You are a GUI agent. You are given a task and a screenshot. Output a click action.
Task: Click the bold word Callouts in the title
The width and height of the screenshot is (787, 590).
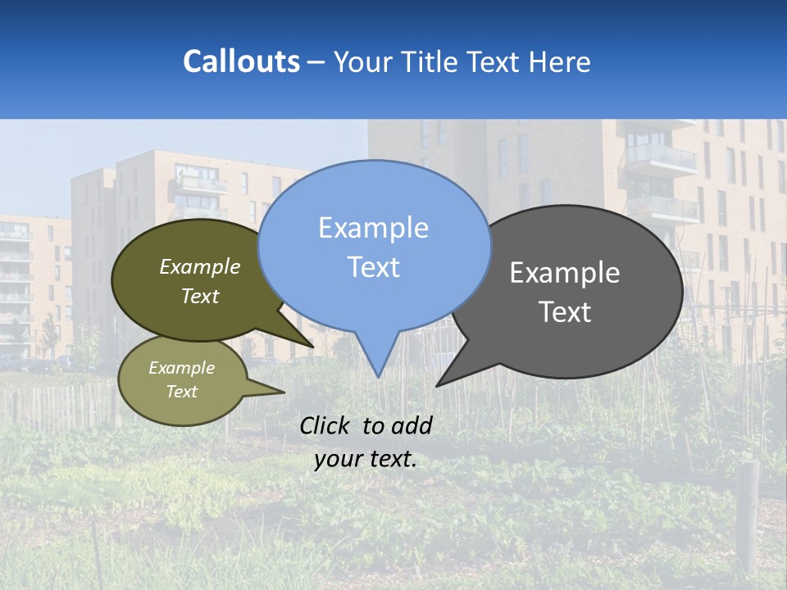pos(241,61)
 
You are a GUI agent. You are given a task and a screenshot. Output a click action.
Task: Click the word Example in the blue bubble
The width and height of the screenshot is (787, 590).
pos(373,228)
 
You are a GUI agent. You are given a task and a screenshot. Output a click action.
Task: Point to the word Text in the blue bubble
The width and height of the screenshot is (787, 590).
pos(373,267)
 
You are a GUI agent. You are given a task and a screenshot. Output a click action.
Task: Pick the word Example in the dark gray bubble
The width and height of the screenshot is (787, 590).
pos(565,273)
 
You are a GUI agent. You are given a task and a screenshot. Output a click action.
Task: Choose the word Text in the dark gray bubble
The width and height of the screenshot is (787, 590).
pos(565,312)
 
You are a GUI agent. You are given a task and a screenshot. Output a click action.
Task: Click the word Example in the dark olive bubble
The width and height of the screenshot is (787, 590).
pos(200,267)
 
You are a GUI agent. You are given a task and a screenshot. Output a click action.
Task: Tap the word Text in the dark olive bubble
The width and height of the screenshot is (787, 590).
pos(200,296)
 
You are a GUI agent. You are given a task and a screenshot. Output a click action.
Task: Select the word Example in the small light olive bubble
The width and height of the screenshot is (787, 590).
pos(182,368)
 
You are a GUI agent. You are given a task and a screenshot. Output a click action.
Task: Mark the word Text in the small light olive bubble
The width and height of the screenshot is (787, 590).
pos(182,392)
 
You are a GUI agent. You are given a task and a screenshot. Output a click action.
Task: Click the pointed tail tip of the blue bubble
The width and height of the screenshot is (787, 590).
pos(377,376)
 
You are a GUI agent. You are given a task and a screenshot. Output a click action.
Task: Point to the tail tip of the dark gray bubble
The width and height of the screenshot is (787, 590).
pos(437,385)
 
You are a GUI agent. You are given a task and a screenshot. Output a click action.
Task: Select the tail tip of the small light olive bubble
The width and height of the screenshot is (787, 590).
pos(284,393)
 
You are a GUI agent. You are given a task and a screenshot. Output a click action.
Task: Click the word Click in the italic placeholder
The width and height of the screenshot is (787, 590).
pos(325,425)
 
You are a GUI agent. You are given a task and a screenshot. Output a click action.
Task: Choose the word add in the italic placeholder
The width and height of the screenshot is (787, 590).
pos(412,425)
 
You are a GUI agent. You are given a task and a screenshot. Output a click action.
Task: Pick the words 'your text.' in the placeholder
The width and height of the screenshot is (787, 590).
pos(366,459)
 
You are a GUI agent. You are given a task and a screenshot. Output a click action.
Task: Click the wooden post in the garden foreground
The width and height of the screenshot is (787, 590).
pos(748,516)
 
